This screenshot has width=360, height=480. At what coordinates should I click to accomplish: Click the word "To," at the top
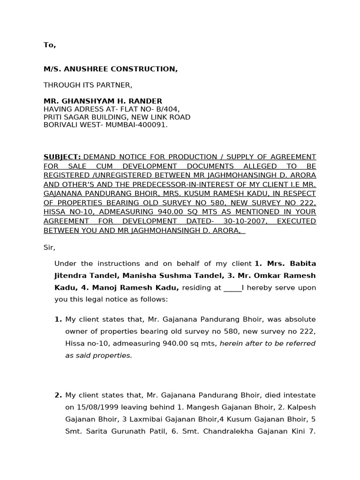pos(50,45)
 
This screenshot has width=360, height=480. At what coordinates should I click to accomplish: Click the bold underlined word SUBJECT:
pos(62,157)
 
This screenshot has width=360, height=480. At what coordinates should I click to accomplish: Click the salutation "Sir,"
pos(49,247)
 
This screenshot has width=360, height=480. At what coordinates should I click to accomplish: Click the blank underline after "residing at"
pos(232,287)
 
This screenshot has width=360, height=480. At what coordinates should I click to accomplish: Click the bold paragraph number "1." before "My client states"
pos(58,319)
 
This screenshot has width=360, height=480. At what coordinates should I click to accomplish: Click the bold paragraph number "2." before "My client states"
pos(58,395)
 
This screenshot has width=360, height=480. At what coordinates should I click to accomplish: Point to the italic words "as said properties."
pos(99,355)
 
